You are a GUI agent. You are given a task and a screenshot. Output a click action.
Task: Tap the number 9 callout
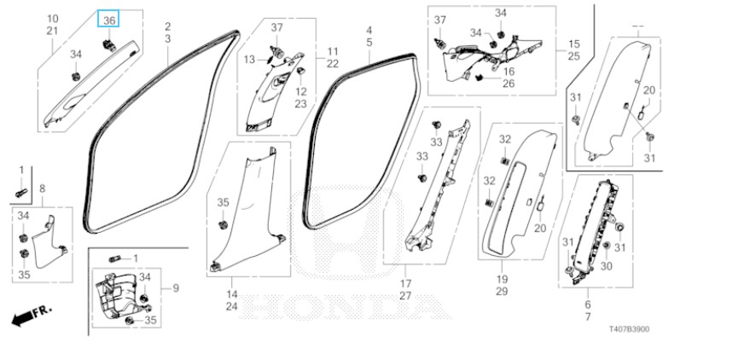point(175,288)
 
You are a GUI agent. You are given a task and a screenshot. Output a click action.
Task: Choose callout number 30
point(606,265)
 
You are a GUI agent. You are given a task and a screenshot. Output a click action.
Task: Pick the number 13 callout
point(250,59)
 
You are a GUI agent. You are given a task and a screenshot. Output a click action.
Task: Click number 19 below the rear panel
point(501,279)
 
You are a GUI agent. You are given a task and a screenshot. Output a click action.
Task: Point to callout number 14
point(231,293)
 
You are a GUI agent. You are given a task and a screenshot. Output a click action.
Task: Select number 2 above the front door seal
point(167,27)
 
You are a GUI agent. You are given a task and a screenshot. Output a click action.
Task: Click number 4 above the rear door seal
point(369,30)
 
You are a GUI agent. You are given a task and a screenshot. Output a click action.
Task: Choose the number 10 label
point(51,19)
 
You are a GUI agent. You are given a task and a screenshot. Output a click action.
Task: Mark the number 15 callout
point(573,44)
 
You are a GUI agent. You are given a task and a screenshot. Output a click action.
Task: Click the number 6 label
point(588,305)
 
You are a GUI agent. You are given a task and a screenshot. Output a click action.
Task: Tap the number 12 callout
point(301,91)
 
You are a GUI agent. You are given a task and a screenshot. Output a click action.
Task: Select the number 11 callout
point(332,52)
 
